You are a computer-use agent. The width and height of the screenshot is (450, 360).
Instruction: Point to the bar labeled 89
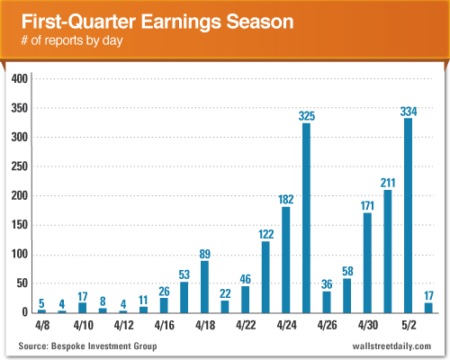[x=204, y=287]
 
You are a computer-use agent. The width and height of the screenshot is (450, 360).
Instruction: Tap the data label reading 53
[x=184, y=274]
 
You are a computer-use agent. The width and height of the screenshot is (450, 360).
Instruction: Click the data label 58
[x=346, y=272]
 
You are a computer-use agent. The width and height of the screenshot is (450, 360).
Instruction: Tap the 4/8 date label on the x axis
[x=42, y=324]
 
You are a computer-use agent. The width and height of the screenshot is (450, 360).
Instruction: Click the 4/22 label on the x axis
[x=246, y=324]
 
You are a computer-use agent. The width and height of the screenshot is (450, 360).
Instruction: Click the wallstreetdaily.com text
[x=388, y=346]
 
